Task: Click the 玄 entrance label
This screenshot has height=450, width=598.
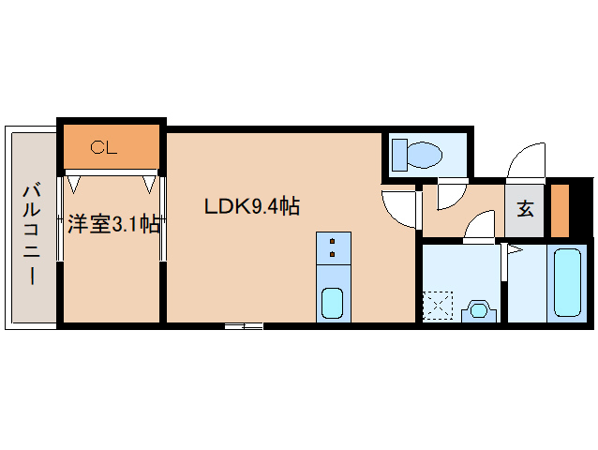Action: pos(526,208)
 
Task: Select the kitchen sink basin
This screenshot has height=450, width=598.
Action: pos(333,302)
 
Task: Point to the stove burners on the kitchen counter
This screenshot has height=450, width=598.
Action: pos(333,247)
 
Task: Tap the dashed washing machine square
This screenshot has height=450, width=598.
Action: pos(438,306)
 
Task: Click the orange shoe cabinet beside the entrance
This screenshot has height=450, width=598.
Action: pos(560,212)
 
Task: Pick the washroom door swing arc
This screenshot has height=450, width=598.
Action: pos(480,227)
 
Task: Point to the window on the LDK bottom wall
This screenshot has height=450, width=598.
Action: pos(244,326)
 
